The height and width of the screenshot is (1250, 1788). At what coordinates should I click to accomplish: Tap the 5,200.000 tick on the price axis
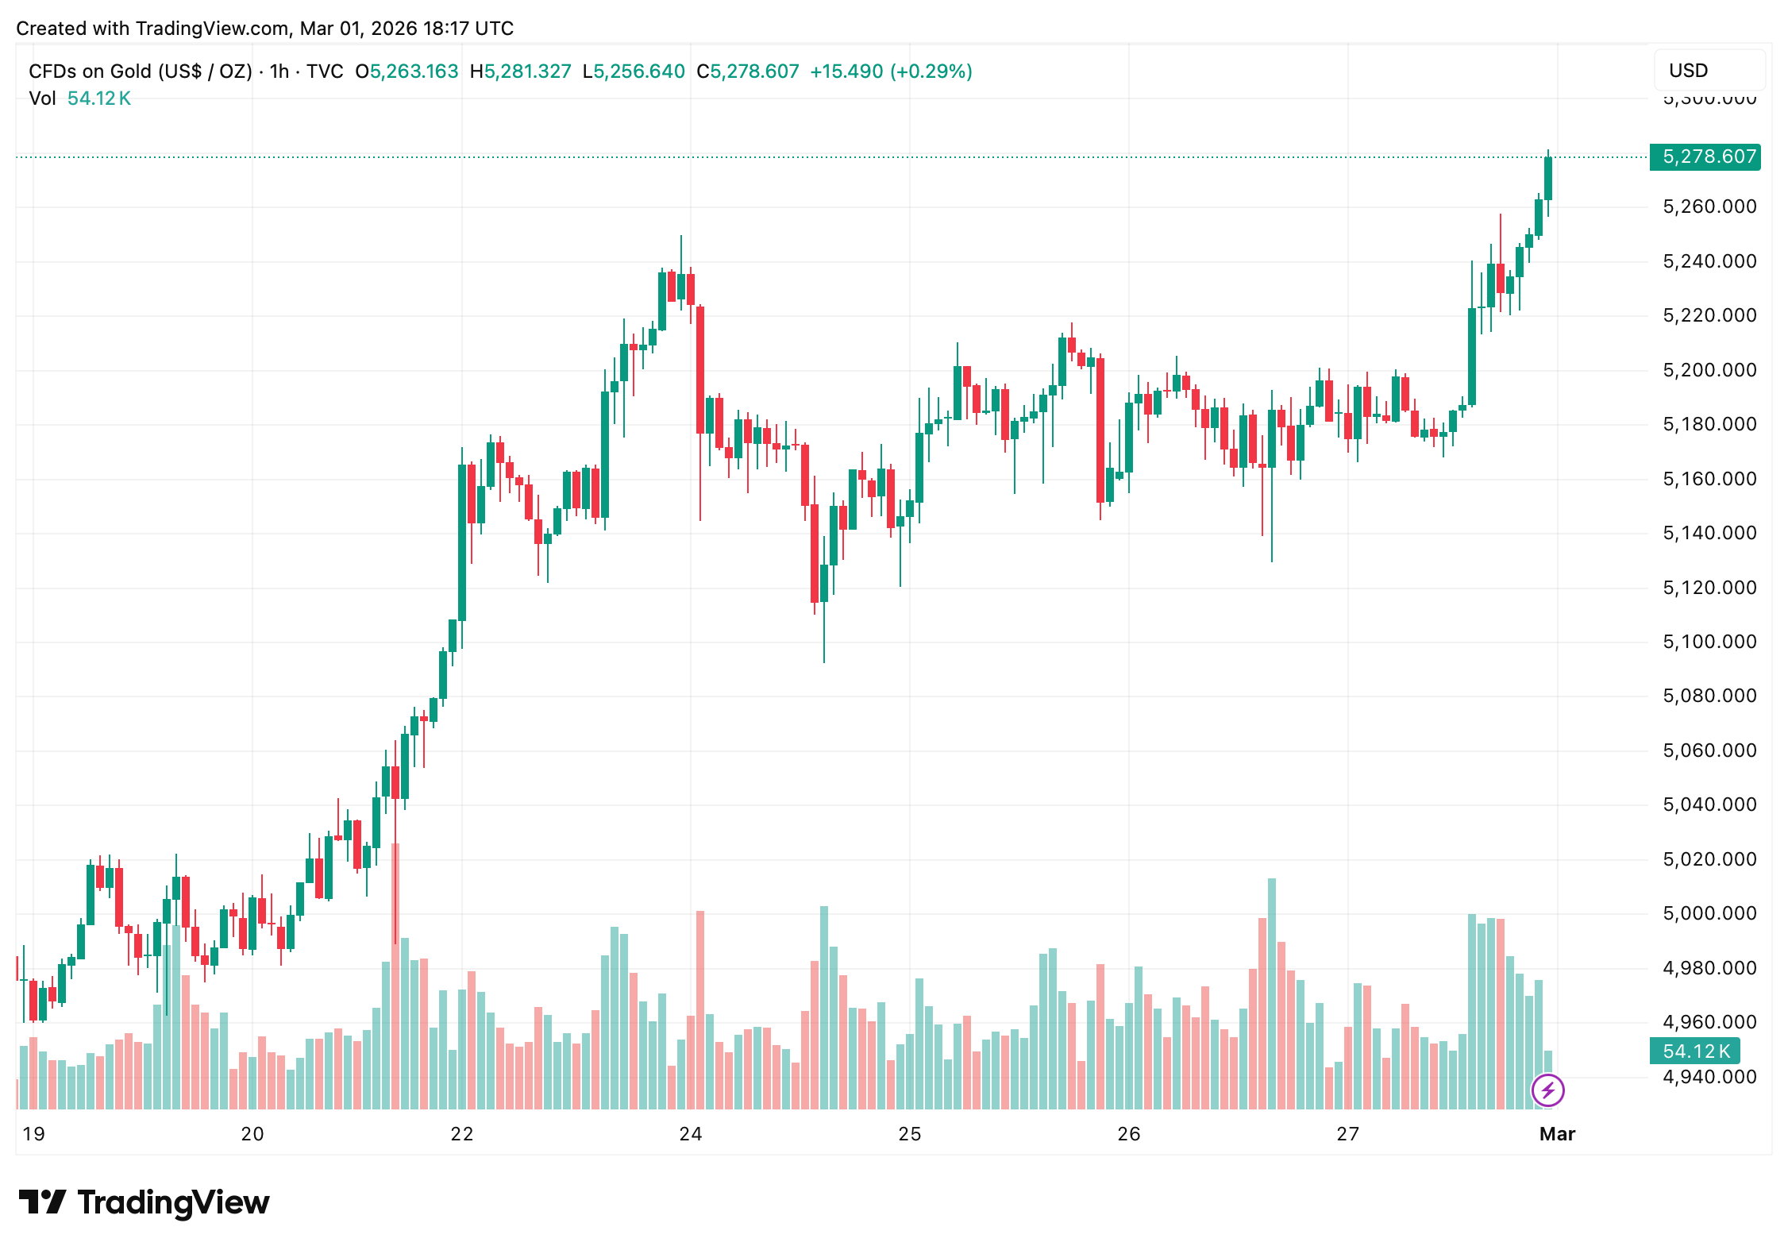coord(1709,370)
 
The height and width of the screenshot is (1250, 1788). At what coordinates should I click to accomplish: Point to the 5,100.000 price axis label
coord(1709,642)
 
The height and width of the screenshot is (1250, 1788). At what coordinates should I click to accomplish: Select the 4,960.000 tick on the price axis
coord(1709,1022)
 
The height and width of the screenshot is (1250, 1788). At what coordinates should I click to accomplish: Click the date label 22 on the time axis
coord(461,1134)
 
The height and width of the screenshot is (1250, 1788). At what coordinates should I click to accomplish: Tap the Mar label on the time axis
coord(1557,1134)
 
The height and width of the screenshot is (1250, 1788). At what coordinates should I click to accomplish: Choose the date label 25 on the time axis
coord(909,1134)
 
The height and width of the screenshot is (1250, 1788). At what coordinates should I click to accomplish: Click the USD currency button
coord(1688,71)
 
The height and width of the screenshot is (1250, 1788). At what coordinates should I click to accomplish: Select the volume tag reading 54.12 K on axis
coord(1695,1051)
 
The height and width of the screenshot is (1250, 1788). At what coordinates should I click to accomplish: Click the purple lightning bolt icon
coord(1547,1090)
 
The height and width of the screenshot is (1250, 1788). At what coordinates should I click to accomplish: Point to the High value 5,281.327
coord(527,71)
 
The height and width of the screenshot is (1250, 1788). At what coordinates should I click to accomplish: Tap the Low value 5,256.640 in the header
coord(638,71)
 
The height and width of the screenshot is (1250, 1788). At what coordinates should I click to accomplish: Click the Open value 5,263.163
coord(414,71)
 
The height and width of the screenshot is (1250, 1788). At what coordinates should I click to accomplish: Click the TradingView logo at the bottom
coord(144,1202)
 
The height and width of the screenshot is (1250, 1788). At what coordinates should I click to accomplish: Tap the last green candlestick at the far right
coord(1547,179)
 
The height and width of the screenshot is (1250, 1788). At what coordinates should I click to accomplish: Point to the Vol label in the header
coord(42,98)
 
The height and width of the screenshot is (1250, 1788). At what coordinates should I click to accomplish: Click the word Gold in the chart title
coord(130,71)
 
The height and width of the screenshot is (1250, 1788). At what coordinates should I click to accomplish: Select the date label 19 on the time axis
coord(33,1134)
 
